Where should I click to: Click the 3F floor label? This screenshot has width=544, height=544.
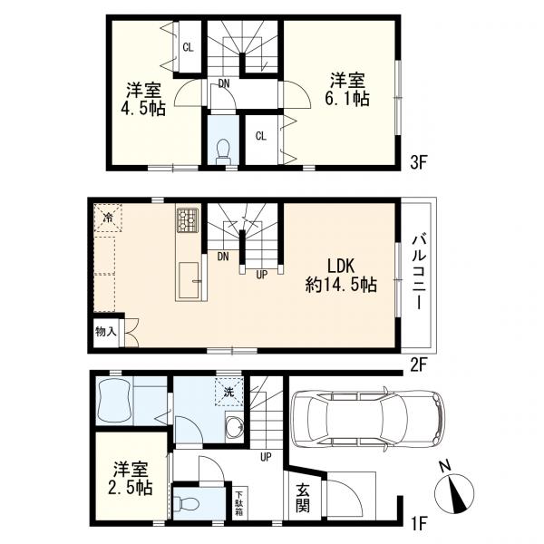[x=417, y=162]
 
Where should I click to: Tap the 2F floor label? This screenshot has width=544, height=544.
[x=417, y=364]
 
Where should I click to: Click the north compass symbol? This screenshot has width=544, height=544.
[x=454, y=488]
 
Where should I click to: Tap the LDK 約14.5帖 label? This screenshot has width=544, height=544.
[x=341, y=276]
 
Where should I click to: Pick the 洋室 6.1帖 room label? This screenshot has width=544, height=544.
[x=347, y=90]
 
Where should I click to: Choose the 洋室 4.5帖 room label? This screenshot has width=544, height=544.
[x=143, y=99]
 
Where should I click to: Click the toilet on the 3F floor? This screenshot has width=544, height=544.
[x=223, y=151]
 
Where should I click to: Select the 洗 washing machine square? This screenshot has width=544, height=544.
[x=228, y=392]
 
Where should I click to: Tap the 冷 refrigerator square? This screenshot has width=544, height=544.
[x=108, y=218]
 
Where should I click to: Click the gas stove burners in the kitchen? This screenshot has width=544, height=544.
[x=188, y=220]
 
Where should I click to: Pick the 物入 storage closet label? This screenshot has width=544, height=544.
[x=105, y=332]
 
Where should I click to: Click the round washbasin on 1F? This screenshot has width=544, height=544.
[x=234, y=427]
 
